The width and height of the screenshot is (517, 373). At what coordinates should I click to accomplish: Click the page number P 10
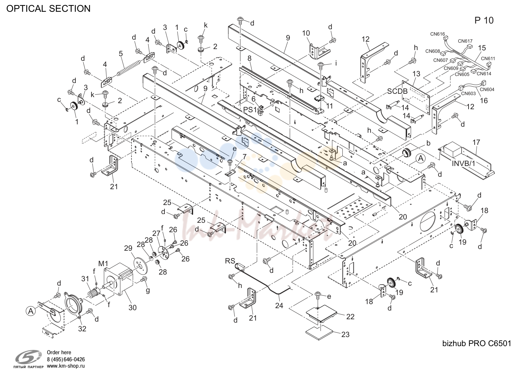[x=484, y=20]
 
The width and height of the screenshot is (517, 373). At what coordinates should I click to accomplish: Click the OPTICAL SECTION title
[x=48, y=9]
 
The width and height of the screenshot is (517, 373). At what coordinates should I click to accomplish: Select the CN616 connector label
[x=437, y=34]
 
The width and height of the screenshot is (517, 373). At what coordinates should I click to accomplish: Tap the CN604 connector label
[x=487, y=89]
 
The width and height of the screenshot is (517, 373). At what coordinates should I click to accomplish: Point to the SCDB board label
[x=397, y=91]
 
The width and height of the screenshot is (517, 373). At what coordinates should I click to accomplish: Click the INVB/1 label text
[x=464, y=163]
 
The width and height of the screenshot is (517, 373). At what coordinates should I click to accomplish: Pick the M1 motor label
[x=103, y=263]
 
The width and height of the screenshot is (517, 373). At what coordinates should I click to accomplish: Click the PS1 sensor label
[x=250, y=110]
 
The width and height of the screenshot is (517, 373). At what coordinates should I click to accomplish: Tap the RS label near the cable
[x=230, y=261]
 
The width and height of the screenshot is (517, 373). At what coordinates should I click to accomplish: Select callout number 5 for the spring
[x=121, y=54]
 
